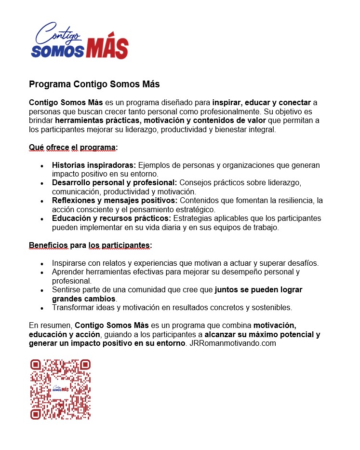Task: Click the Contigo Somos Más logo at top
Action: pos(80,41)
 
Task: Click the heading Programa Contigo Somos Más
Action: pos(94,84)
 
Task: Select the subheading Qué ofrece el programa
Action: pos(73,147)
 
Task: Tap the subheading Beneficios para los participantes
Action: pos(90,245)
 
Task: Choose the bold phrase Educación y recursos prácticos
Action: pos(111,218)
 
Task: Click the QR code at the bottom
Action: pos(60,389)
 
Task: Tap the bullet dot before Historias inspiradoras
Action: pos(42,165)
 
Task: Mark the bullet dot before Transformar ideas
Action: pos(42,308)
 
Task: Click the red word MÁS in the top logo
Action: pos(107,49)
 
